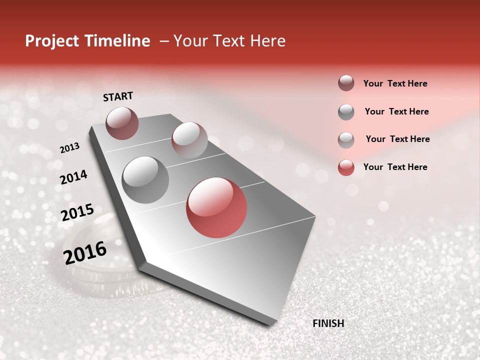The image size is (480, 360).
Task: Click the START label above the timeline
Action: [118, 96]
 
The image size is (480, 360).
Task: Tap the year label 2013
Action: [69, 148]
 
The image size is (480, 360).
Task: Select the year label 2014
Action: [73, 177]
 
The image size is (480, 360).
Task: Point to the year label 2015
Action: [77, 212]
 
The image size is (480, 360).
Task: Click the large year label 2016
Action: [85, 252]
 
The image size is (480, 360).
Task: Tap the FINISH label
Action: [328, 323]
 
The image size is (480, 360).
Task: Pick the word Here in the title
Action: [267, 41]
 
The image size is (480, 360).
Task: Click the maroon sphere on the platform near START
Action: [122, 123]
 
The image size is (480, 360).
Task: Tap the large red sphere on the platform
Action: [216, 207]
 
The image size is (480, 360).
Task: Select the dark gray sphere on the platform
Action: [145, 180]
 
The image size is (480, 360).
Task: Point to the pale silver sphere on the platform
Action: [189, 140]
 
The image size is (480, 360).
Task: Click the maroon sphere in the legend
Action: [346, 83]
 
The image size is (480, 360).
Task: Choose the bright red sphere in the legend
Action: [346, 167]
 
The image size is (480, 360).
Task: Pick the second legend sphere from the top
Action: [346, 112]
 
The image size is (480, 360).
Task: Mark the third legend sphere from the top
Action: [346, 140]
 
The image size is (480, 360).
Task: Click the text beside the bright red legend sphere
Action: [395, 167]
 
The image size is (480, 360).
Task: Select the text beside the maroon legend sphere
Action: [395, 83]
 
